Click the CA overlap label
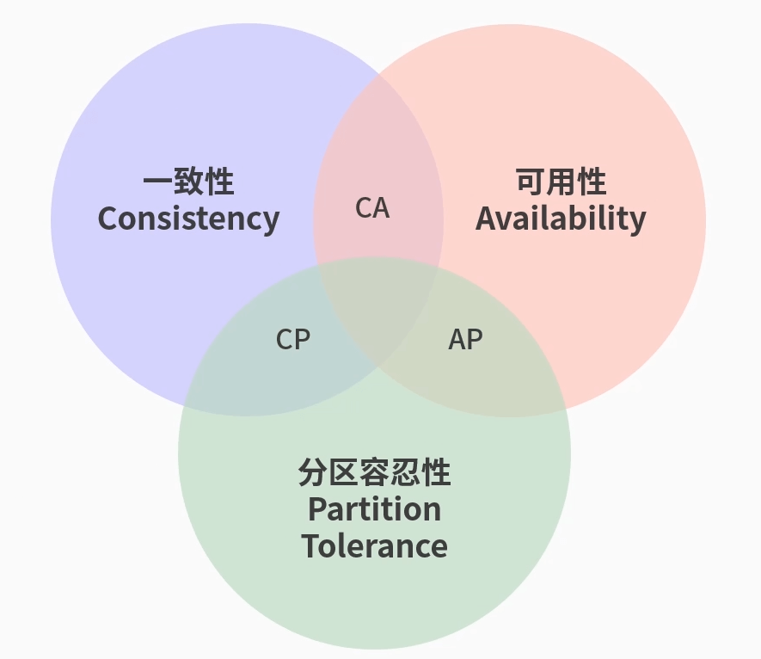pos(372,208)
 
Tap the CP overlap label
pos(292,340)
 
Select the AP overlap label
pos(465,340)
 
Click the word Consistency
pos(188,219)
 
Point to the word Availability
pos(560,219)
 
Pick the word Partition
pos(374,509)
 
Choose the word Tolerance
pos(374,546)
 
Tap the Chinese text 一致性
pos(188,182)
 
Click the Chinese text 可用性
pos(561,182)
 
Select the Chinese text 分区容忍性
pos(374,473)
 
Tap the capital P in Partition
pos(317,509)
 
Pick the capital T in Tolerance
pos(311,546)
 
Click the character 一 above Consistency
pos(157,182)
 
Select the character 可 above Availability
pos(531,182)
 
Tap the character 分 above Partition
pos(313,473)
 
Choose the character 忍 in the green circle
pos(405,473)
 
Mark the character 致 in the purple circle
pos(188,182)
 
